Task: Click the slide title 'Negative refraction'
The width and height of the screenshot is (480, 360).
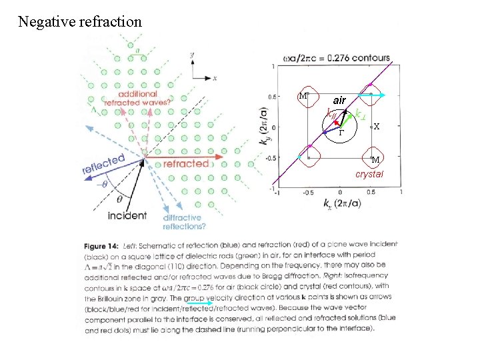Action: coord(80,22)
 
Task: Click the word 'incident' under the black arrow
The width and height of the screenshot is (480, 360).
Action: coord(127,215)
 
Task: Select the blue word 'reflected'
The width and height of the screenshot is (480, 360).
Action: coord(104,164)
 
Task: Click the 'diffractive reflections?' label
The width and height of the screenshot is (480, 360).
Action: coord(183,222)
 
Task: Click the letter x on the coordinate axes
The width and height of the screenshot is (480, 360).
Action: coord(215,78)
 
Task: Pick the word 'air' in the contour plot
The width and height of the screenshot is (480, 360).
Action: coord(339,100)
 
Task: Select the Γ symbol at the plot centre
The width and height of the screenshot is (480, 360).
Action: coord(340,133)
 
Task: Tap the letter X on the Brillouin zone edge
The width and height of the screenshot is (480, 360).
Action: coord(377,126)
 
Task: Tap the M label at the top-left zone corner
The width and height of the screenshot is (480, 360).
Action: coord(303,95)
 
